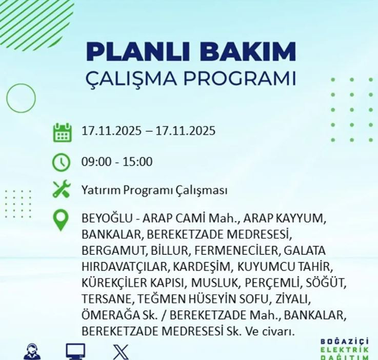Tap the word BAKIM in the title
246,52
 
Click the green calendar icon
62,132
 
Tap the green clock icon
61,163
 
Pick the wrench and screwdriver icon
61,190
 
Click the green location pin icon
61,220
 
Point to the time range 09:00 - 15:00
117,162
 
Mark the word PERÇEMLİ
272,283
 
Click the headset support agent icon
32,352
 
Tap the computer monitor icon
75,352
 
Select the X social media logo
121,352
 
